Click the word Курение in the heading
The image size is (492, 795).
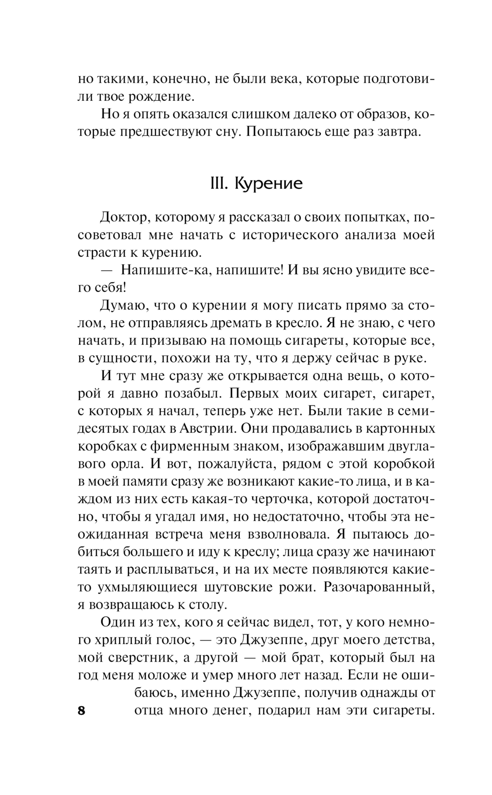coord(268,183)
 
